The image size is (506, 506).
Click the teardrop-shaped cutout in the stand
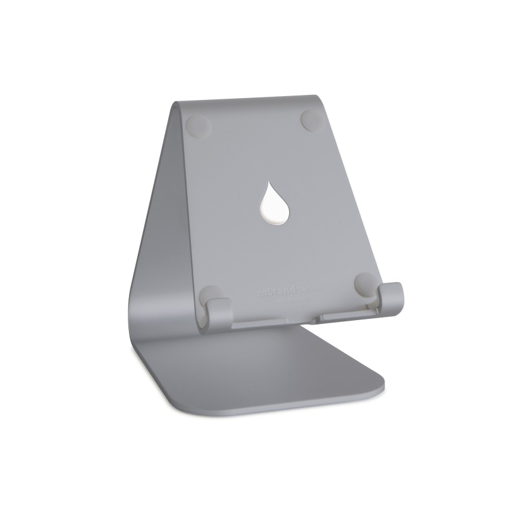click(x=273, y=202)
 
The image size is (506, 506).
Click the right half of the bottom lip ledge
click(x=345, y=314)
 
